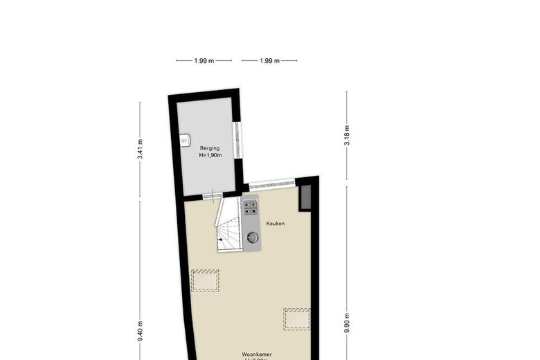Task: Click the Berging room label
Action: coord(210,148)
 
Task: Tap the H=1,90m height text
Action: coord(210,156)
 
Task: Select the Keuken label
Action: coord(276,224)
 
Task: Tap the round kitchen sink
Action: coord(253,237)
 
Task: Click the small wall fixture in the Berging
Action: coord(185,140)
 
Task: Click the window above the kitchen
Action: coord(271,185)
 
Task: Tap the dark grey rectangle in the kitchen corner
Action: coord(305,198)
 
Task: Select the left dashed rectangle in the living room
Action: coord(205,280)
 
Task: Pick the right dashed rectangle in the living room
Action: coord(297,318)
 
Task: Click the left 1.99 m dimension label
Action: coord(204,61)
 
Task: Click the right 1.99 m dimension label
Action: coord(269,61)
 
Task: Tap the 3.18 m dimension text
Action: coord(347,135)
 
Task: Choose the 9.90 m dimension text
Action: coord(347,323)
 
